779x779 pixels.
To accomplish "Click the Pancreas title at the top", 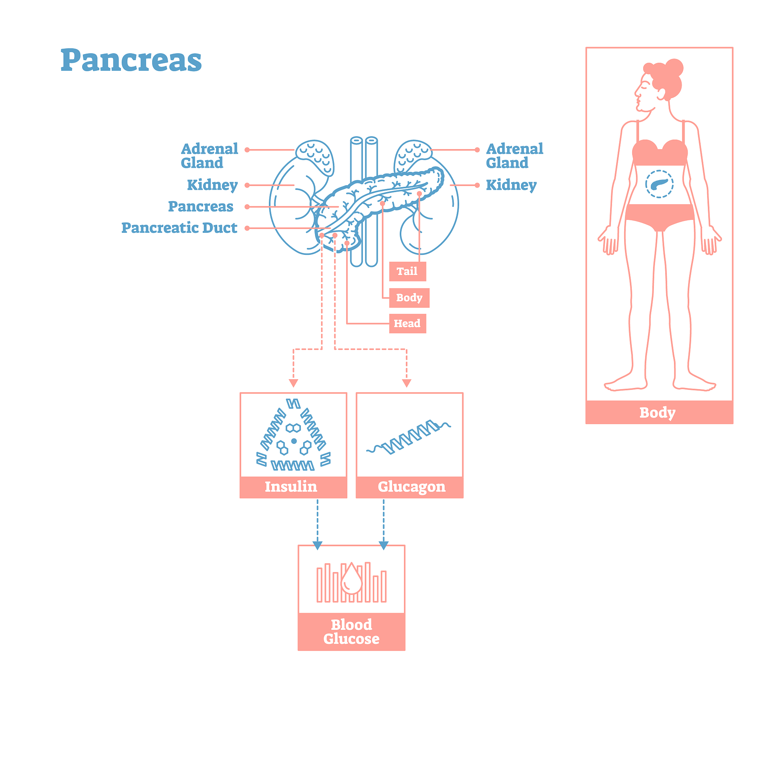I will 131,60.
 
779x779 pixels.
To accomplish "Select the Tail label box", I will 407,271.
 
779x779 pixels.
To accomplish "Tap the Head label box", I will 407,323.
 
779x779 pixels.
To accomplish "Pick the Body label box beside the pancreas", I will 409,297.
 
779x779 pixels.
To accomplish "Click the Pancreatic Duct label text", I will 180,228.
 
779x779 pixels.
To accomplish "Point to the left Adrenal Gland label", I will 209,156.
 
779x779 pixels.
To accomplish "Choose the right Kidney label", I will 511,185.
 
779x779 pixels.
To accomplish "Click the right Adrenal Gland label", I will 515,156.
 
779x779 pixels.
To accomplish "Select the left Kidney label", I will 212,185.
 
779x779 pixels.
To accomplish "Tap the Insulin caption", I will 291,486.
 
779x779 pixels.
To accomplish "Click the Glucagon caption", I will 412,486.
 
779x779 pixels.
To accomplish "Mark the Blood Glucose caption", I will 351,631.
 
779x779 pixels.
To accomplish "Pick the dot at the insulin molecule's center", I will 294,441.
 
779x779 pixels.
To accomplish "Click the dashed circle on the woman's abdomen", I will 659,184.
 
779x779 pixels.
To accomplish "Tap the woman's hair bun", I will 674,67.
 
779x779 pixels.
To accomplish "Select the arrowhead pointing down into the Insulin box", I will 294,383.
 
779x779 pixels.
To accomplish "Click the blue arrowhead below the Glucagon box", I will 383,545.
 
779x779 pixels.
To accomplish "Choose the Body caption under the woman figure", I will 657,412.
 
